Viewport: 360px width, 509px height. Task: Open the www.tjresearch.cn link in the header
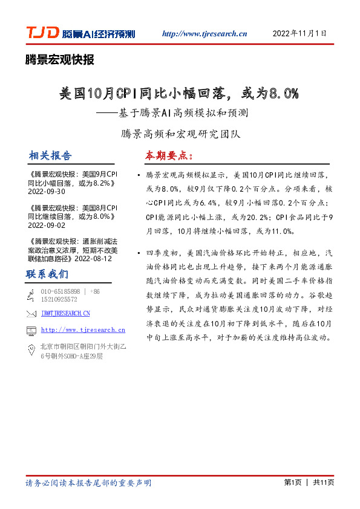coord(205,34)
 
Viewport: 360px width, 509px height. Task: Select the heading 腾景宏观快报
coord(59,60)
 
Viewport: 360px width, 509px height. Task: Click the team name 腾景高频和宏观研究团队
coord(180,133)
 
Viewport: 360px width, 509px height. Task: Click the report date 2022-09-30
coord(47,191)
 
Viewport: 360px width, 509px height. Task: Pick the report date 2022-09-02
coord(47,224)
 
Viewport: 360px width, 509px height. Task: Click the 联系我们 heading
coord(47,274)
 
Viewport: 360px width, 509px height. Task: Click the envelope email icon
coord(31,313)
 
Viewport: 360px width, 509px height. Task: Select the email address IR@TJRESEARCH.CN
coord(65,313)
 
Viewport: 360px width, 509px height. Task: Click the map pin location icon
coord(31,349)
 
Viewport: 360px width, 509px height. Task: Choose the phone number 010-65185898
coord(60,291)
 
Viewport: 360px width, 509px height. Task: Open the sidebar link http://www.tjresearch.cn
coord(83,330)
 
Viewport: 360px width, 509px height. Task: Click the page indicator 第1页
coord(292,482)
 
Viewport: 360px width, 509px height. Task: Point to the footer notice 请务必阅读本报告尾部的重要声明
coord(88,483)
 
